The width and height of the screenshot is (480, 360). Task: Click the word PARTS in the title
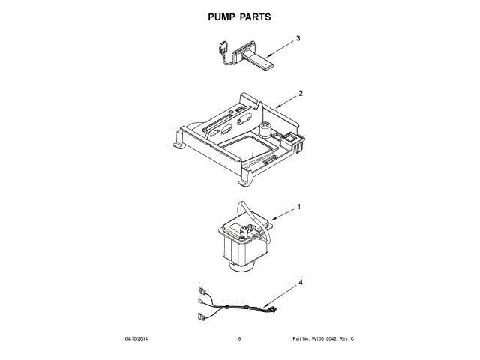255,16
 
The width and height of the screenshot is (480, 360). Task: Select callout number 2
300,94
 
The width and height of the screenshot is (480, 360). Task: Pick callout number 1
298,206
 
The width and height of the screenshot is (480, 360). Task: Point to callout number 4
301,282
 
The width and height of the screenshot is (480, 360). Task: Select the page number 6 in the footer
239,339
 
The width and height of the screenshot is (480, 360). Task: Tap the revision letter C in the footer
352,339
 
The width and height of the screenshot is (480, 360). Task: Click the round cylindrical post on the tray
264,130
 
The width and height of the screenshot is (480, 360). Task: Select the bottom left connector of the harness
200,316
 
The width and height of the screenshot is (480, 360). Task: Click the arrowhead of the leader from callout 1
268,220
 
